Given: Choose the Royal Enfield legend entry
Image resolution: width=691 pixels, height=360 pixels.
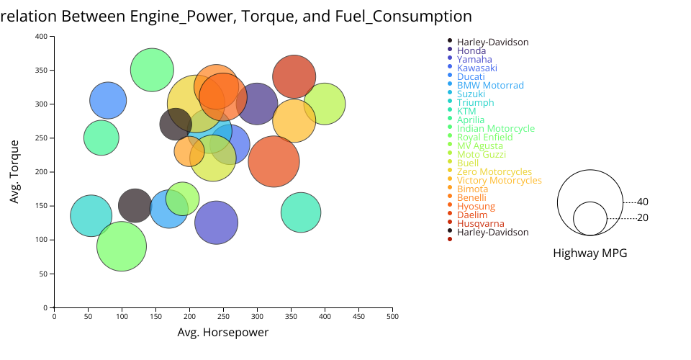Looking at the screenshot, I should pos(484,138).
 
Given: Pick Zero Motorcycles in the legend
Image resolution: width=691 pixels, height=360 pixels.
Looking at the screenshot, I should pos(494,172).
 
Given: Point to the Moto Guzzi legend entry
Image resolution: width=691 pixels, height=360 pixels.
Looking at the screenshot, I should pos(481,155).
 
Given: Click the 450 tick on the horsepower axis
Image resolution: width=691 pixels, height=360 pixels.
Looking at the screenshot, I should pos(358,315).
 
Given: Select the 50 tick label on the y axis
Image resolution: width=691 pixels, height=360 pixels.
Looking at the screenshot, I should pos(44,274).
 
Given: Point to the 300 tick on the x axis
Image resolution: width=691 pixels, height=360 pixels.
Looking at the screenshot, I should pos(257,315).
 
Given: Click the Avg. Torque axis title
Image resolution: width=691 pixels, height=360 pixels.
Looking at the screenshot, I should pos(14,171).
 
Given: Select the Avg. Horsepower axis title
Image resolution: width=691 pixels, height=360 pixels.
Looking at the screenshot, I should pos(223,333).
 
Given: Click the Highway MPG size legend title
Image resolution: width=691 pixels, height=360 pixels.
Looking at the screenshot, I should pos(590,253).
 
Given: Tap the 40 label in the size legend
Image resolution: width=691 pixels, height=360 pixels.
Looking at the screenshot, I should pos(643,202).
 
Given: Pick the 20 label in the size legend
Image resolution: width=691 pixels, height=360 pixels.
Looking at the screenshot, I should pos(643,218).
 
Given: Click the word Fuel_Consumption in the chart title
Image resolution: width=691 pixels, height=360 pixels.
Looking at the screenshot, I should pos(403,16).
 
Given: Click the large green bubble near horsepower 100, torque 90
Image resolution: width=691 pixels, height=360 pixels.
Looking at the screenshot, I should pos(122,246).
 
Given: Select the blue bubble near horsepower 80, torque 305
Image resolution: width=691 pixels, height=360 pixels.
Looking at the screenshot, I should pos(108,101).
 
